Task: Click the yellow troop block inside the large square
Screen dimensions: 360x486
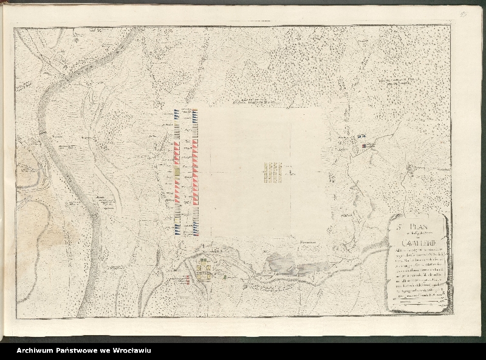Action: (275, 173)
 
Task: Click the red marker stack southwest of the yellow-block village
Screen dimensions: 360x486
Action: (188, 280)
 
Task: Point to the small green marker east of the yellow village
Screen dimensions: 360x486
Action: (225, 277)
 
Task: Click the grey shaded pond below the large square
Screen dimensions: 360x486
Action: (281, 263)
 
